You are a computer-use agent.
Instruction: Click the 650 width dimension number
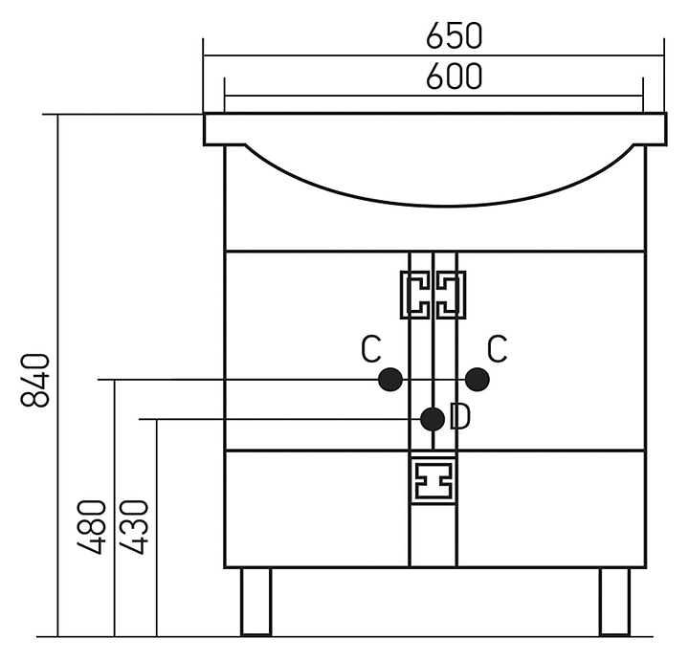coord(455,35)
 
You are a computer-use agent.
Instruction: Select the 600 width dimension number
coord(455,77)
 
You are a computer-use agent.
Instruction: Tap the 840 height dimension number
coord(35,380)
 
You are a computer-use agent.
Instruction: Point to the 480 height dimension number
coord(92,527)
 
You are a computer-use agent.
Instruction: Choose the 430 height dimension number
coord(135,527)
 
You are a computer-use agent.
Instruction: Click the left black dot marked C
coord(390,380)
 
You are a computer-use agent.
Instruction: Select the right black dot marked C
coord(478,380)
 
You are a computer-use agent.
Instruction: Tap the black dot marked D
coord(433,419)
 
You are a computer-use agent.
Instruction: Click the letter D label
coord(460,416)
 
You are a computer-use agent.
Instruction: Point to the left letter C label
coord(371,349)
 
